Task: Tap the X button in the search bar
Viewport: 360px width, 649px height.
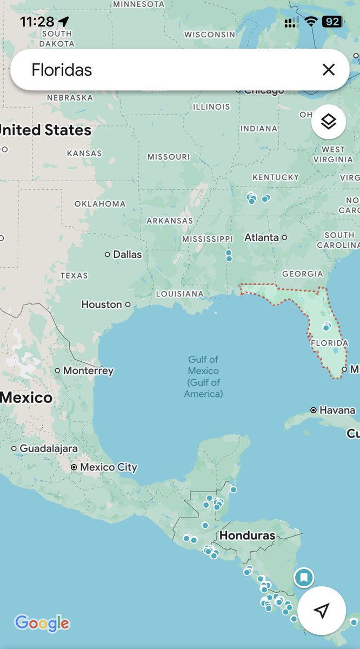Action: pos(328,70)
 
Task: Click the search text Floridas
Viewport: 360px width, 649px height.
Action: pos(62,70)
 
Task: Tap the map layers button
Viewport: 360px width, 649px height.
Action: pos(328,122)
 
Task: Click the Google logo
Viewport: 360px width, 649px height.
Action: pos(42,623)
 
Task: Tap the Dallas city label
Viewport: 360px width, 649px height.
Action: pos(127,254)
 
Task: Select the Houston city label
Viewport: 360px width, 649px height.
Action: pos(102,304)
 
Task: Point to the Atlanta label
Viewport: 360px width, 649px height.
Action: pos(262,237)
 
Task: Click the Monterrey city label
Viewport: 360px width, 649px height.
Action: pos(88,370)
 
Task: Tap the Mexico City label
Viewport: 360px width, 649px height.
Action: pos(109,467)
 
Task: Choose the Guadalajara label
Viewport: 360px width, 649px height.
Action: pos(49,448)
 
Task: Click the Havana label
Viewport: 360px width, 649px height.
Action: pos(337,410)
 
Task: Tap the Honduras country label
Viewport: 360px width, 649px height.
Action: pos(247,535)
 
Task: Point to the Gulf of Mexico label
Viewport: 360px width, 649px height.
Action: pos(203,376)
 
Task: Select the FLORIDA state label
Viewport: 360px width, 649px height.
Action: pos(329,343)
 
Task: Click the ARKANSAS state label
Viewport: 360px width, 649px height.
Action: pos(169,221)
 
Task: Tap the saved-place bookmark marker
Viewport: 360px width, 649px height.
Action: pos(304,578)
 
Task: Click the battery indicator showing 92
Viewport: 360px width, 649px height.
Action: pos(331,22)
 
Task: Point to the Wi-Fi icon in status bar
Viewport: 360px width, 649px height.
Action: pos(310,22)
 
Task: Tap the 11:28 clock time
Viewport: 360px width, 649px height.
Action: pos(37,22)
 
